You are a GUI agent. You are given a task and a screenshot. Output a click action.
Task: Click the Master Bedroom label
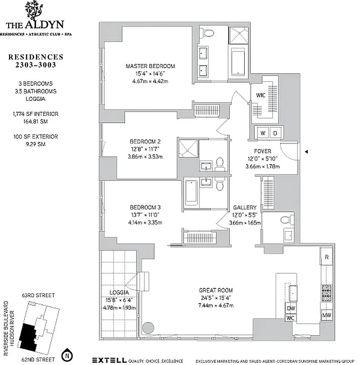coord(150,66)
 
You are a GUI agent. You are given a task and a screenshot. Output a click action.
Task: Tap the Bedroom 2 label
coord(144,141)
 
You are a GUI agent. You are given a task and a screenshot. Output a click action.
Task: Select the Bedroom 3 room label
coord(144,207)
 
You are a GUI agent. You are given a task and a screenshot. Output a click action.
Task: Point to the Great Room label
coord(216,290)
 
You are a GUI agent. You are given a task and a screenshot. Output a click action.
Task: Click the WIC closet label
coord(260,95)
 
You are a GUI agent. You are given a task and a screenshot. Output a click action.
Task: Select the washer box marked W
coord(263,133)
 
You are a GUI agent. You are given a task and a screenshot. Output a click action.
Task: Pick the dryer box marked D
coord(276,133)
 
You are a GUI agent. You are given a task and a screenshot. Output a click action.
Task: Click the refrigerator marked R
coord(326,257)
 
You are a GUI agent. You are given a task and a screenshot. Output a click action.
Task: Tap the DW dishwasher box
coord(291,308)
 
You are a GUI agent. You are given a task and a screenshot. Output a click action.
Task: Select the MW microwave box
coord(326,315)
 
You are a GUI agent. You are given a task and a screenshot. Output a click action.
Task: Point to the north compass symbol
coord(67,354)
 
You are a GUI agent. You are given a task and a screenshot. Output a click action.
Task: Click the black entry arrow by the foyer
coord(307,151)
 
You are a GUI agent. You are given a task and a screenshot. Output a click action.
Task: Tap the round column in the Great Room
coord(149,328)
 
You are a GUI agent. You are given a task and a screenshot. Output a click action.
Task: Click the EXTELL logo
coord(109,359)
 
